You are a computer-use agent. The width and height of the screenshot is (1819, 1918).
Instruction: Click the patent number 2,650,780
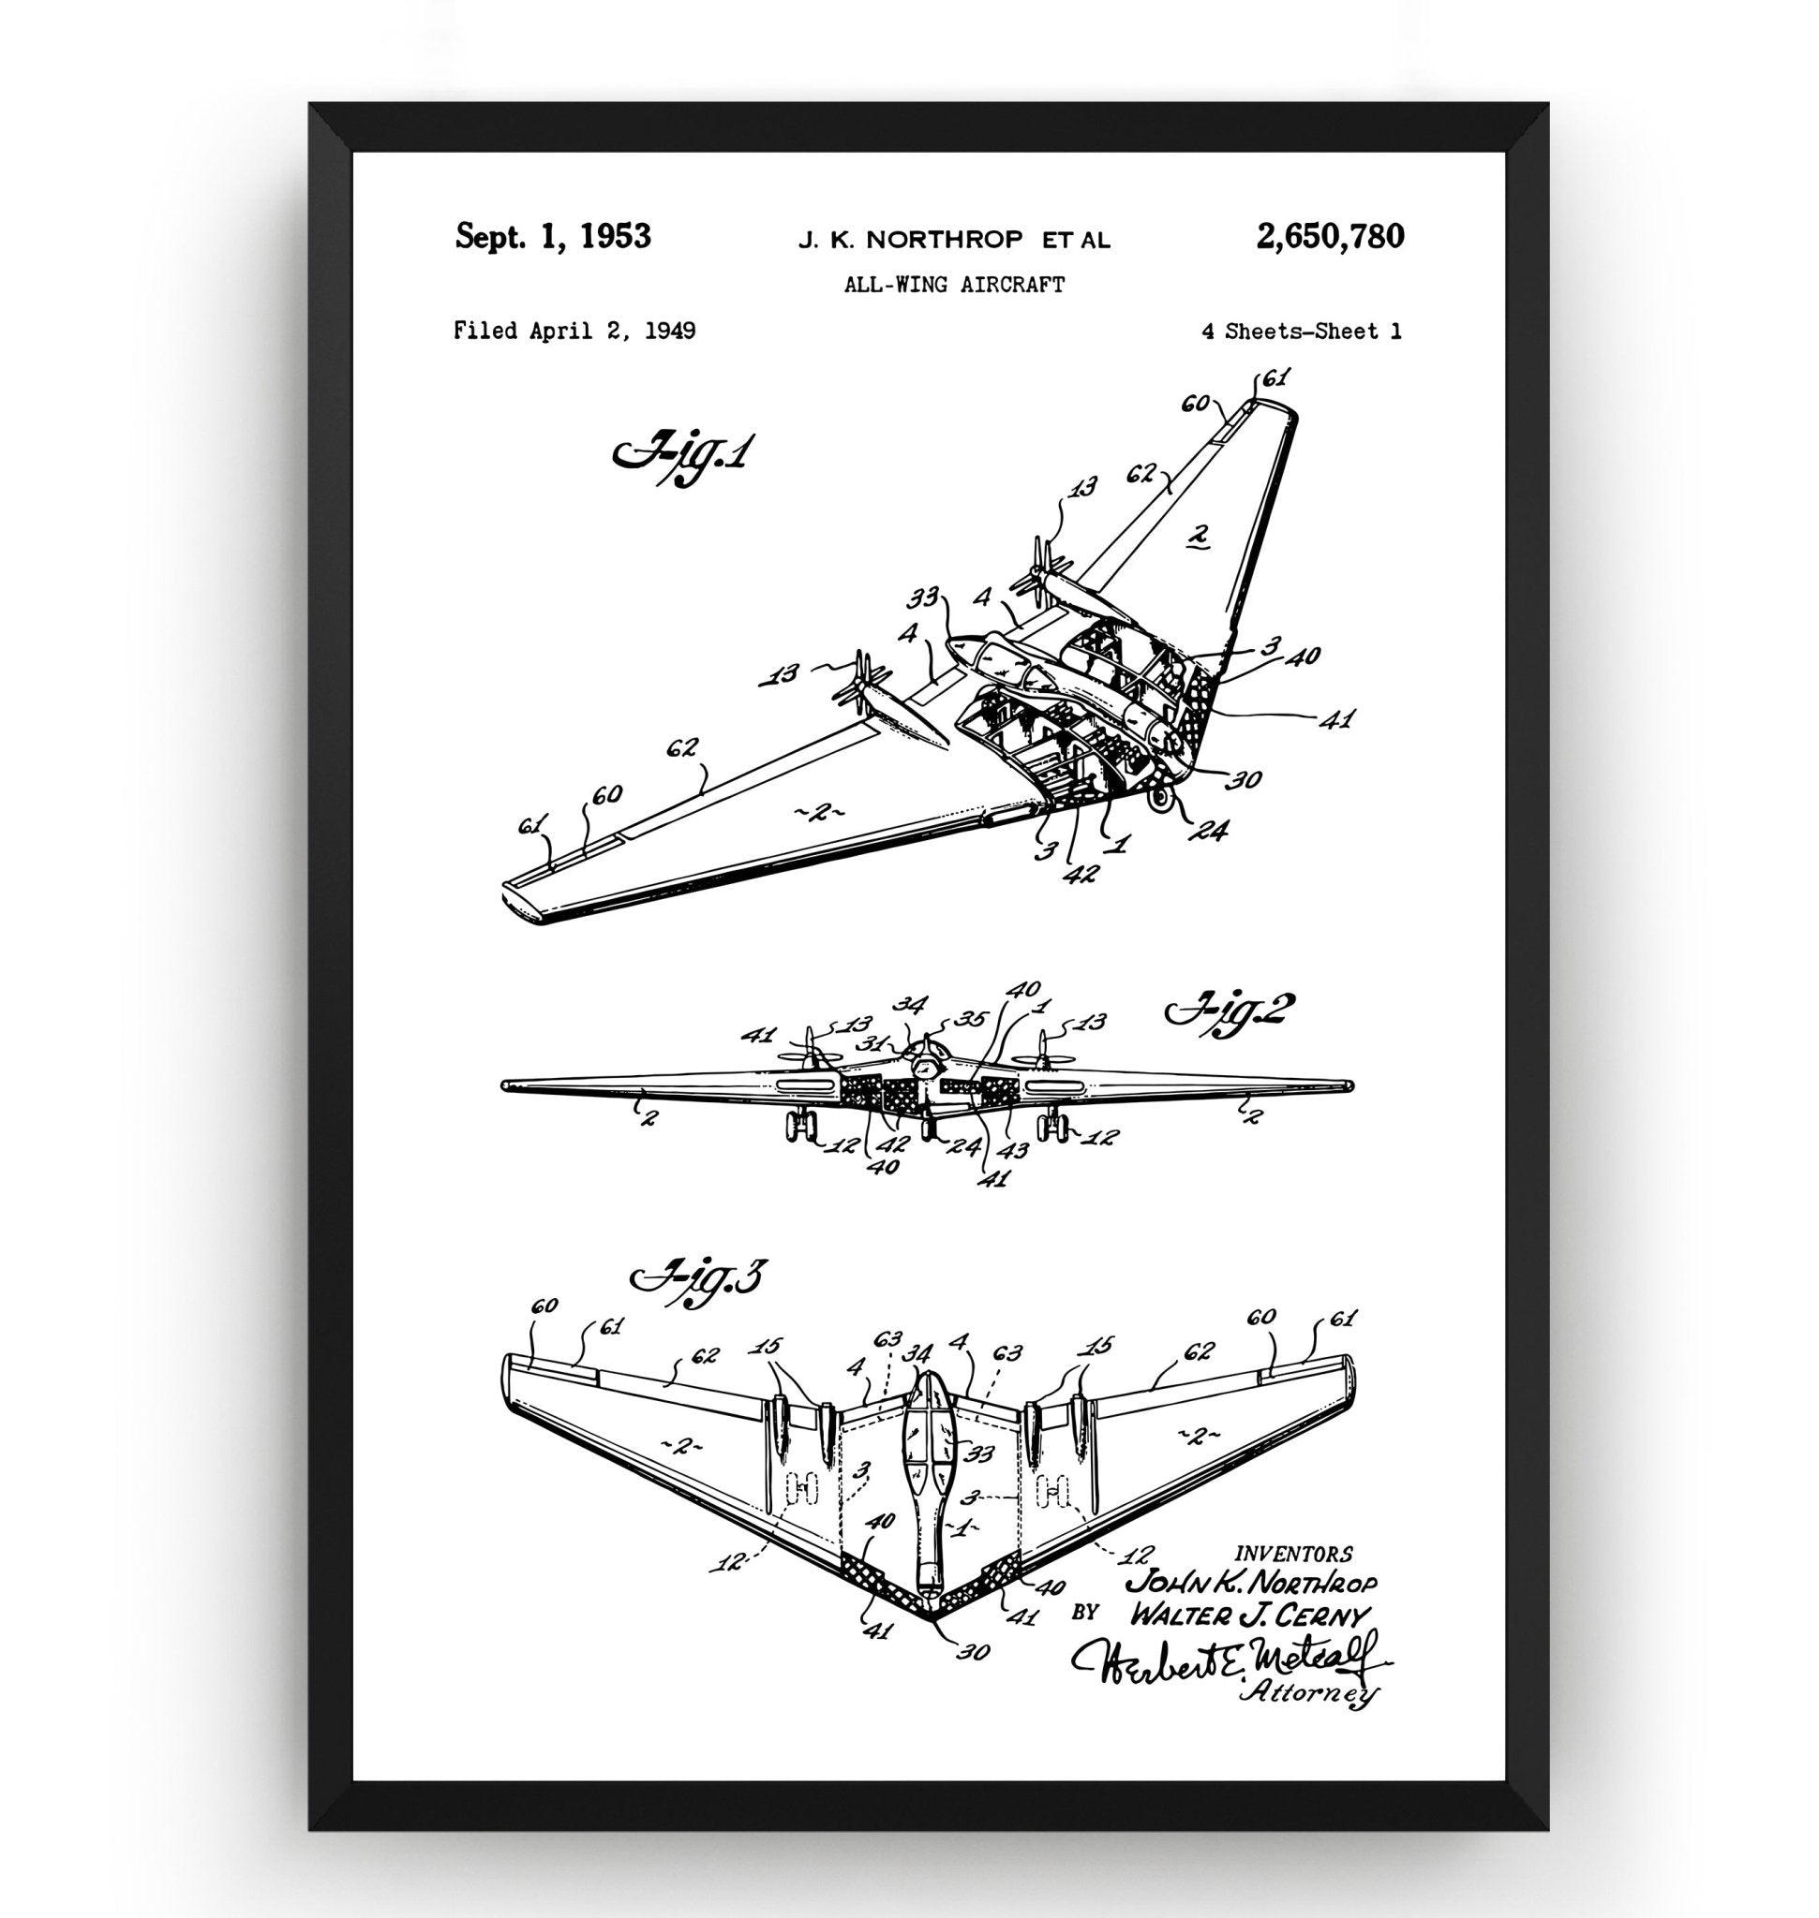[1330, 237]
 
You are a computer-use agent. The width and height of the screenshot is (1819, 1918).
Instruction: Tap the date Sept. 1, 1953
[553, 237]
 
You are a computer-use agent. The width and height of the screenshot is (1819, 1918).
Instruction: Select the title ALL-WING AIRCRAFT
[954, 285]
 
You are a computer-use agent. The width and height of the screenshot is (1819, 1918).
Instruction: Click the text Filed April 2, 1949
[574, 332]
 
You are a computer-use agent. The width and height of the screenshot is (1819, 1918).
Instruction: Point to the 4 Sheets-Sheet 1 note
[1301, 332]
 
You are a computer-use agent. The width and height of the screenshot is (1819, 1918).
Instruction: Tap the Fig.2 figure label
[1229, 1013]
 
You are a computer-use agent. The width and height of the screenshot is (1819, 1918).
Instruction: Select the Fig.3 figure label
[698, 1277]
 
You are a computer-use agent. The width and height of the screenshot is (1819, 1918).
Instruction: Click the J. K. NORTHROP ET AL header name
[954, 240]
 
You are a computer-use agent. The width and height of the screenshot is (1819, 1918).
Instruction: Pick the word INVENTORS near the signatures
[1293, 1554]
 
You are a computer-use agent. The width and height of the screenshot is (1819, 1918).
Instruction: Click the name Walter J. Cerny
[1249, 1615]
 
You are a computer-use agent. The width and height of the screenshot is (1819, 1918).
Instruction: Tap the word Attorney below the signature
[1309, 1693]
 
